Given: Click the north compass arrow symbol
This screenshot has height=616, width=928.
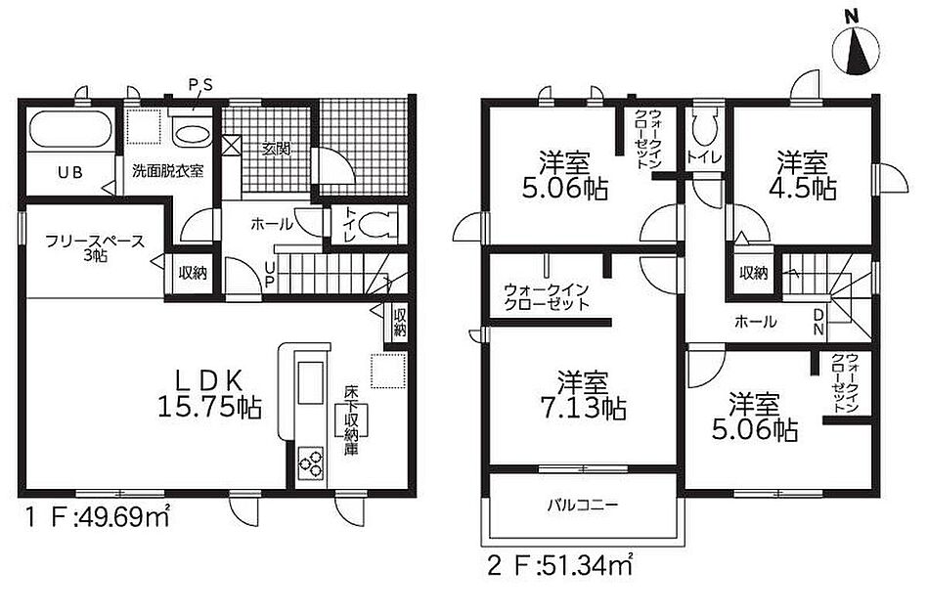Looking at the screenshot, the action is click(856, 50).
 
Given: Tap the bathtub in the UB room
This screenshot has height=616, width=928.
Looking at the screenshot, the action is click(70, 130).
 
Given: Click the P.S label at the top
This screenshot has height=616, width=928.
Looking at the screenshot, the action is click(200, 86).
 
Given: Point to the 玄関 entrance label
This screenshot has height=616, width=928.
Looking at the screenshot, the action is click(277, 150).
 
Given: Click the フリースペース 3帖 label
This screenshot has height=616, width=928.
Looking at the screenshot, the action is click(95, 248).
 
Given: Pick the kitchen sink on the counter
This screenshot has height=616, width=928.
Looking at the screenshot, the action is click(310, 383).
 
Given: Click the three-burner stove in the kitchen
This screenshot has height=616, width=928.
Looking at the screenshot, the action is click(310, 461).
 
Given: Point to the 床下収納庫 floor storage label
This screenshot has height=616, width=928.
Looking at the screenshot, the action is click(352, 420).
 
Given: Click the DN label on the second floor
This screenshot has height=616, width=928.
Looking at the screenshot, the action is click(818, 322).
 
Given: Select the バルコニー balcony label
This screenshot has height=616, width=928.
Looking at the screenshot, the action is click(583, 505).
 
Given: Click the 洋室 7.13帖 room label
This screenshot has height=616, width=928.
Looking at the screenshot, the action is click(583, 394).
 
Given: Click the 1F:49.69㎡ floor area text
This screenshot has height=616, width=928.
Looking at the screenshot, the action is click(98, 516).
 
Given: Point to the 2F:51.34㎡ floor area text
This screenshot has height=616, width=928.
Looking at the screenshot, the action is click(560, 566).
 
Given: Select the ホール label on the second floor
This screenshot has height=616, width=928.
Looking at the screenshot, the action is click(755, 322).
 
